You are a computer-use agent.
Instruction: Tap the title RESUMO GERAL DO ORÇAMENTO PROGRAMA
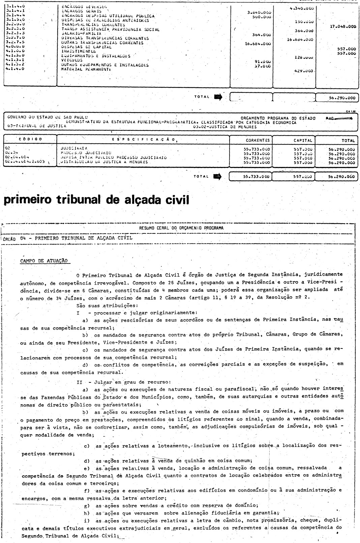pos(181,228)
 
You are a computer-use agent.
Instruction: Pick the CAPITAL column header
pos(302,140)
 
